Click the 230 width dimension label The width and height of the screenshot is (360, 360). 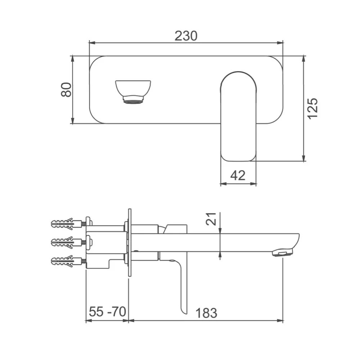point(186,36)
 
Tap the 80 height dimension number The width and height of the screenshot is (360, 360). point(66,90)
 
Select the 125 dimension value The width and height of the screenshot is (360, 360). point(312,108)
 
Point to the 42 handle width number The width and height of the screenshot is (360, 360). point(238,175)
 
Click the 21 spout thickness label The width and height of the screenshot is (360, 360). point(211,219)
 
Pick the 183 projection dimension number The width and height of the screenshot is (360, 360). point(206,312)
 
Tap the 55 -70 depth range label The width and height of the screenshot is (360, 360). point(107,311)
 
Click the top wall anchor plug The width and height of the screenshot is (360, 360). point(67,224)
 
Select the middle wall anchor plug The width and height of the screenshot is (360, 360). point(67,242)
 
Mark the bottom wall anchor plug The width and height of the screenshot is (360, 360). point(67,261)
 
